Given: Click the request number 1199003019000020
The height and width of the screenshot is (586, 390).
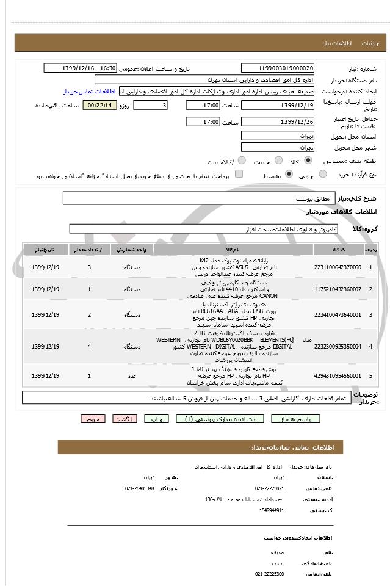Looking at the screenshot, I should coord(278,68).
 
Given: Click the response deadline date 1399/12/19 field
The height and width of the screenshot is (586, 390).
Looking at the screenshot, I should coord(278,106).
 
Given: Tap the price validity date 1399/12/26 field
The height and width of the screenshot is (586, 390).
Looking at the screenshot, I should coord(278,122).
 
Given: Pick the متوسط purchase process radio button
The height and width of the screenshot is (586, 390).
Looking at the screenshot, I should coord(288,175).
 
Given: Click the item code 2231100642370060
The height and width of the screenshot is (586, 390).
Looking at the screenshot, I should coord(338,267).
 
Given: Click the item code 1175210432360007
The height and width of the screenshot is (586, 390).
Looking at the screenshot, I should coord(338,289).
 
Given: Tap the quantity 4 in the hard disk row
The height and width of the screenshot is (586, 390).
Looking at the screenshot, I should coord(89,346).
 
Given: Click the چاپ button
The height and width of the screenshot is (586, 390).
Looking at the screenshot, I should coord(157,419).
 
